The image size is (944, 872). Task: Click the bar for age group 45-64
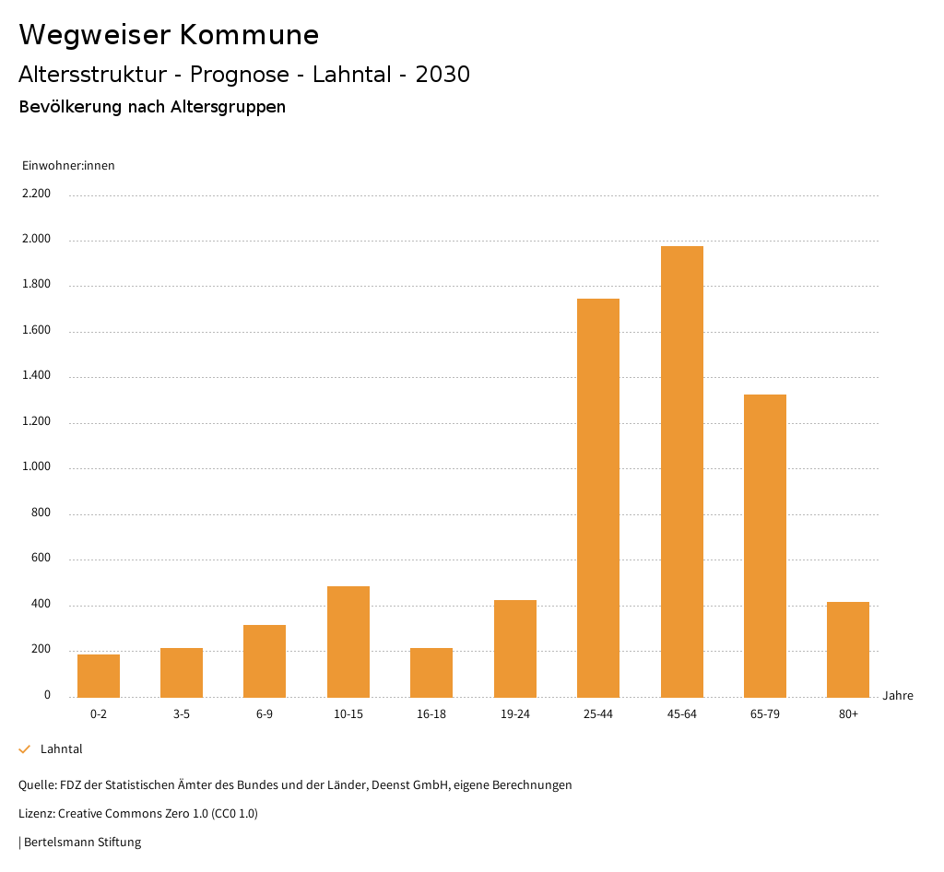pos(681,471)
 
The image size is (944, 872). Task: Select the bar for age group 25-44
pos(598,498)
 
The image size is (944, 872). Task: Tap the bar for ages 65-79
pos(764,546)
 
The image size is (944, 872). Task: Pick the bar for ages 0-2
pos(99,676)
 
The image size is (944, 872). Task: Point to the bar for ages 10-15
pos(348,642)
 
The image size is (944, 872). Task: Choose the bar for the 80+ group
pos(848,649)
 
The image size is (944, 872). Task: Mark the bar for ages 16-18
pos(431,672)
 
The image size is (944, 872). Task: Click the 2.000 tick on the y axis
pos(37,240)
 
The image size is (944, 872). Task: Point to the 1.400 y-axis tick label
pos(37,376)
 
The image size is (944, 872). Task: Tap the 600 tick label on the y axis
pos(41,559)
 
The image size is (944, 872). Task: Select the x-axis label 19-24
pos(515,714)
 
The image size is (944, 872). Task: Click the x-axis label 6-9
pos(265,714)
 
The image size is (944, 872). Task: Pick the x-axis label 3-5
pos(182,714)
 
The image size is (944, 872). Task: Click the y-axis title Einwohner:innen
pos(68,166)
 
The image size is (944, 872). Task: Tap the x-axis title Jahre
pos(898,696)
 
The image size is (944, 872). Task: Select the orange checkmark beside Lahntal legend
pos(25,749)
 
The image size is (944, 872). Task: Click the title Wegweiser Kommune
pos(169,35)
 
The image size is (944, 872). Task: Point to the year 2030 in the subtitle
pos(442,75)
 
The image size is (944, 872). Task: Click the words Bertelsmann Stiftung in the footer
pos(82,843)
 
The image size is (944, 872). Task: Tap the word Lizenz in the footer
pos(36,814)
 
